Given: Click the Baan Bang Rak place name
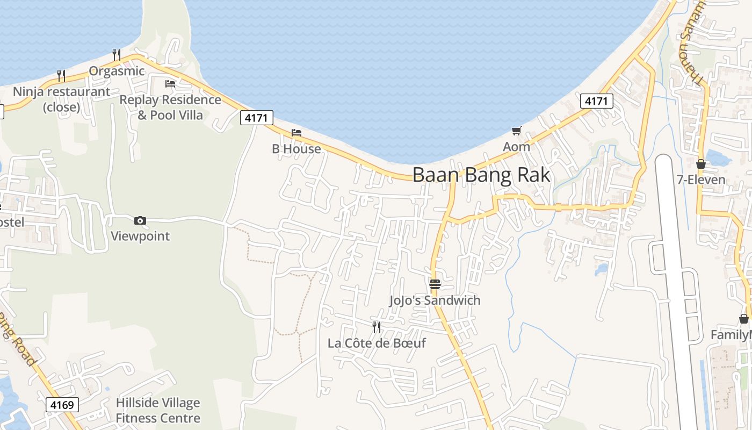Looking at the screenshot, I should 481,175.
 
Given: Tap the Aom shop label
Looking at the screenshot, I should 516,147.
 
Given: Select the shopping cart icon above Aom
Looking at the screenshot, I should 517,131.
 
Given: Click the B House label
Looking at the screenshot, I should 297,149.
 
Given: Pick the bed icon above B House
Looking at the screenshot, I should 297,132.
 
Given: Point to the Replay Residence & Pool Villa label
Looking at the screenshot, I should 170,107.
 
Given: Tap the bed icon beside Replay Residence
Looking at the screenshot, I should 170,83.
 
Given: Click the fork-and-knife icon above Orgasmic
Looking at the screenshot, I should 116,54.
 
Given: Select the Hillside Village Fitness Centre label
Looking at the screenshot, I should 158,411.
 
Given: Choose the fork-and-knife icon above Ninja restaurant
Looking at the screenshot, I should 61,75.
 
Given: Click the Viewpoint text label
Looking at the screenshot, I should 140,236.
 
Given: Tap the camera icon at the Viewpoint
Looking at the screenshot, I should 140,220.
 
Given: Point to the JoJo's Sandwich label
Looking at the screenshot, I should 435,300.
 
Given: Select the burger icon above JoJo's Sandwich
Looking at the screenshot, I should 435,284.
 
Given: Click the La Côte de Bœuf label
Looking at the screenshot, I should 377,343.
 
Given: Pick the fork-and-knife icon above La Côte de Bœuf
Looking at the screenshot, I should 377,326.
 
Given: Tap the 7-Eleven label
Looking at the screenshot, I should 701,180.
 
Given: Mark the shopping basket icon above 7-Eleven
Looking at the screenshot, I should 701,164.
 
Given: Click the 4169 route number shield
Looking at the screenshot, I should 62,405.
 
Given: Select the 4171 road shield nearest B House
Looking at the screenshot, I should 257,118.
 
